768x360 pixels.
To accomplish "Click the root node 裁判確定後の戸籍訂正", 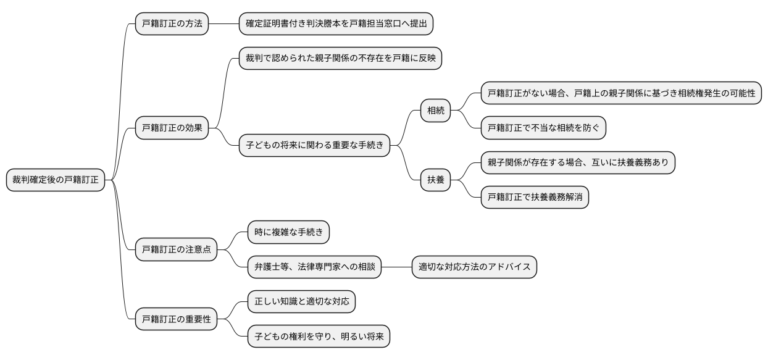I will pyautogui.click(x=56, y=180).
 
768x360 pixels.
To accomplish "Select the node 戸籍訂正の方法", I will pyautogui.click(x=172, y=25).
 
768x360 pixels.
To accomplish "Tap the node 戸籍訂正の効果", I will pyautogui.click(x=172, y=128).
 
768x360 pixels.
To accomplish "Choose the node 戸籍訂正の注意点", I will pyautogui.click(x=176, y=249).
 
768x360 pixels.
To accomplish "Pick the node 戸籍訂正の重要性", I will pyautogui.click(x=176, y=319).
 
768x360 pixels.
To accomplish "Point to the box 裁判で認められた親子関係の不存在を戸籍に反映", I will pyautogui.click(x=340, y=59).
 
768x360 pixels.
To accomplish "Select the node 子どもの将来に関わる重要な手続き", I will pyautogui.click(x=314, y=146).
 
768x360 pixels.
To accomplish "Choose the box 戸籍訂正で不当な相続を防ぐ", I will pyautogui.click(x=543, y=128).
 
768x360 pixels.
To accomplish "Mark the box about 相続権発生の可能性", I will pyautogui.click(x=621, y=94).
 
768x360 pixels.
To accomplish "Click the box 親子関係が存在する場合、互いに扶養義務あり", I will pyautogui.click(x=578, y=164).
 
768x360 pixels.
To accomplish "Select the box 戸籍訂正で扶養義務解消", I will pyautogui.click(x=535, y=198).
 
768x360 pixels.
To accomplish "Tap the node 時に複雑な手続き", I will pyautogui.click(x=288, y=232).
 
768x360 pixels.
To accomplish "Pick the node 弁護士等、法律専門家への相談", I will pyautogui.click(x=314, y=267).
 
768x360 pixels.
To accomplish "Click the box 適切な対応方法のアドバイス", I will pyautogui.click(x=474, y=267).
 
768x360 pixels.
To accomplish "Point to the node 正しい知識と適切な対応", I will pyautogui.click(x=301, y=302).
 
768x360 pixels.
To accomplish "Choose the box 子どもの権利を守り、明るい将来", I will pyautogui.click(x=319, y=337).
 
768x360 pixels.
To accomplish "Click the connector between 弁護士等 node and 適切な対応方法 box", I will pyautogui.click(x=396, y=267).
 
